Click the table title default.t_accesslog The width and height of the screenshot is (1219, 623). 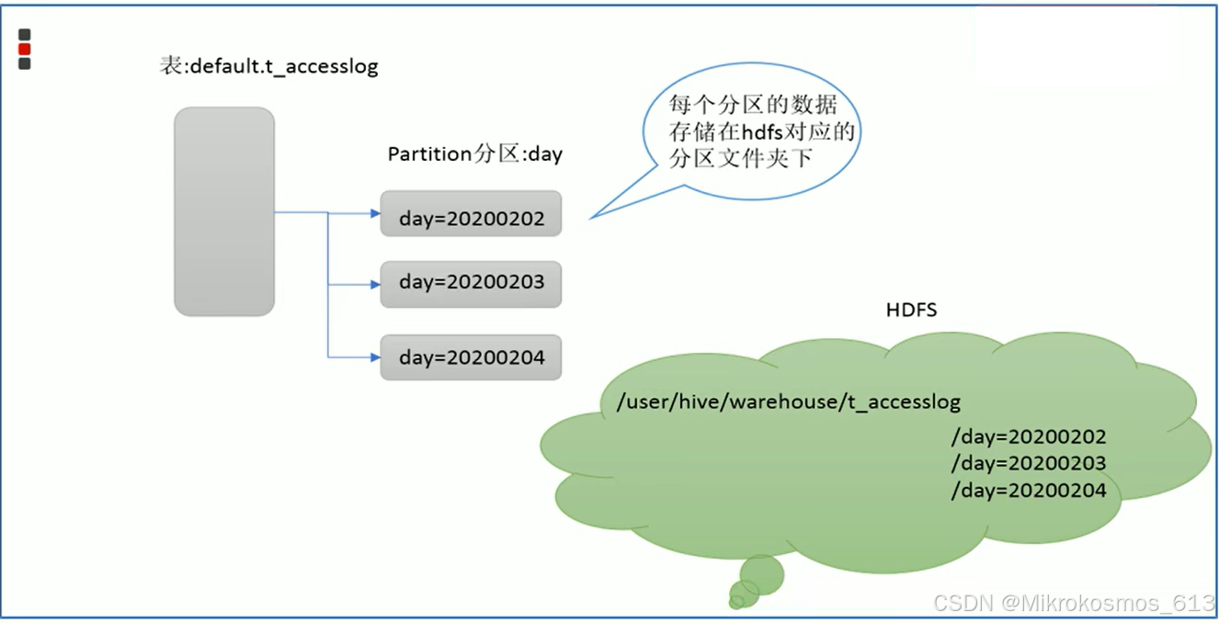click(x=268, y=67)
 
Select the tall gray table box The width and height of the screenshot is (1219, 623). click(x=224, y=211)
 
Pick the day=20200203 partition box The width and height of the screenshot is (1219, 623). click(x=471, y=284)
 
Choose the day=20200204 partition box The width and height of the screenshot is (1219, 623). click(x=471, y=357)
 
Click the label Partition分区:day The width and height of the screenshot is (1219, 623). click(x=474, y=154)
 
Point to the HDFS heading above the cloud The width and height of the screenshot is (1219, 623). click(x=911, y=310)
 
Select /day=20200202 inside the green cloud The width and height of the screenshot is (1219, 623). click(x=1029, y=436)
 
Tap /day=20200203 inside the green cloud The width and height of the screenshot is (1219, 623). click(x=1029, y=463)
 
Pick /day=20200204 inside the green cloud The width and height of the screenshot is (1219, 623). click(x=1029, y=491)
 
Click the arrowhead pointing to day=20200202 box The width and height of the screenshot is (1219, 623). click(x=375, y=213)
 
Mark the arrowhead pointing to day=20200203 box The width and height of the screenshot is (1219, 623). click(x=375, y=285)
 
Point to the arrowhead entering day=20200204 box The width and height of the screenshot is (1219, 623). click(x=375, y=357)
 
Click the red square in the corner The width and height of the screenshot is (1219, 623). click(x=25, y=50)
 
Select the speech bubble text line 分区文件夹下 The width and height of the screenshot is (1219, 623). click(x=741, y=158)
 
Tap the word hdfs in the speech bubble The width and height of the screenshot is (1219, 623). click(x=760, y=132)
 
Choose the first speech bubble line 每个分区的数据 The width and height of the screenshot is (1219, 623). click(x=753, y=104)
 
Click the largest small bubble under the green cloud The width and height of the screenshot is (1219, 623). click(x=762, y=574)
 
